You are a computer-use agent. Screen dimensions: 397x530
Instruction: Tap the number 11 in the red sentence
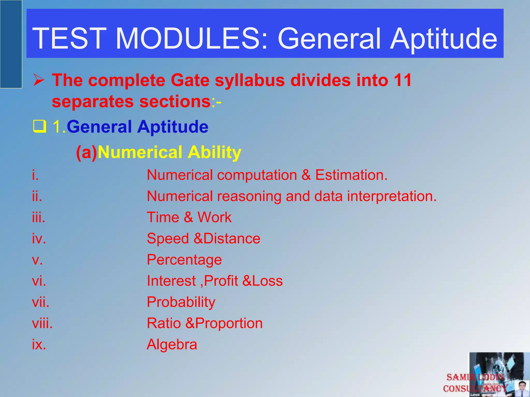pos(403,80)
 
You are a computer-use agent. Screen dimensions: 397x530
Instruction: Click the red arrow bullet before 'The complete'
pos(39,81)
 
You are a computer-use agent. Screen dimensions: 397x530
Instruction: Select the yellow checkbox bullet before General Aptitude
pos(40,127)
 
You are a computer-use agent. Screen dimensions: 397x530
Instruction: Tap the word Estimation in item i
pos(351,175)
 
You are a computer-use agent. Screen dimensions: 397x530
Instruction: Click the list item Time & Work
pos(189,217)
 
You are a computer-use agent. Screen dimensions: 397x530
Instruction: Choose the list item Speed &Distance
pos(203,238)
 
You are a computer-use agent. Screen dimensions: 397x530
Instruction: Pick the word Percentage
pos(184,260)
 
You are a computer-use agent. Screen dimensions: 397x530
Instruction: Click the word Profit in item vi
pos(221,281)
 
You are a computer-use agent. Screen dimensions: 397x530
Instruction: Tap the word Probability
pos(181,302)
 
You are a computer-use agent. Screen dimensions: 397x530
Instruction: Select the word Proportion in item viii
pos(229,323)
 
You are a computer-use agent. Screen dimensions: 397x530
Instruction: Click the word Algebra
pos(172,345)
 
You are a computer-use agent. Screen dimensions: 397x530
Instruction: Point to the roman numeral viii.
pos(42,323)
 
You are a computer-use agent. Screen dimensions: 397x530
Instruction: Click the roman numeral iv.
pos(39,238)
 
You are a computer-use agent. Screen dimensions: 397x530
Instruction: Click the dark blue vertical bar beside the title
pos(11,44)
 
